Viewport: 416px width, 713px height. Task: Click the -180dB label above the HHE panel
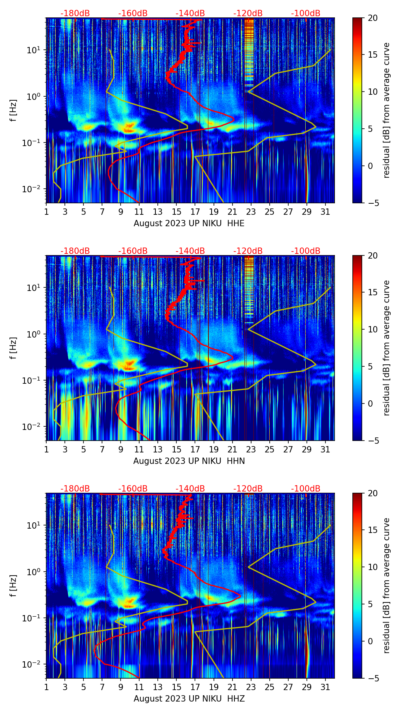click(75, 13)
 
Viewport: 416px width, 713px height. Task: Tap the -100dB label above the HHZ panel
click(306, 489)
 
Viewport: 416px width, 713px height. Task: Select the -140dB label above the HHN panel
click(190, 251)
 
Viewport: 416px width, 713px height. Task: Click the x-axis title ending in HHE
click(189, 223)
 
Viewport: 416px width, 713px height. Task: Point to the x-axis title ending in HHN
click(189, 461)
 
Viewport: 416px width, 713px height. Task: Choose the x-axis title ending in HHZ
click(189, 699)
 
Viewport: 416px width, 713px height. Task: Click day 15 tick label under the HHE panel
click(176, 212)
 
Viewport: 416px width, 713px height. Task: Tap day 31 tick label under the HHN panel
click(325, 449)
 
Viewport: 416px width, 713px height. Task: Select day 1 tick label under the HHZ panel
click(47, 687)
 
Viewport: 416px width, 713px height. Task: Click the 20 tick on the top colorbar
click(372, 18)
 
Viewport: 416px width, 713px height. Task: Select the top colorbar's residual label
click(386, 110)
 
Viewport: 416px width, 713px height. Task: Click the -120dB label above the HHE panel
click(248, 13)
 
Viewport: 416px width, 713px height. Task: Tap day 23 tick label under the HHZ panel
click(251, 687)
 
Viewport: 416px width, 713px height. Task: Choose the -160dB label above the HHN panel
click(133, 251)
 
